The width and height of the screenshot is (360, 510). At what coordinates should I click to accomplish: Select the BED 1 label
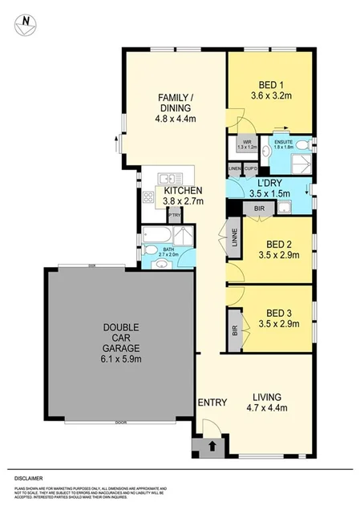[269, 84]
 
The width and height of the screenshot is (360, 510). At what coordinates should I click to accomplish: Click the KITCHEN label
[183, 190]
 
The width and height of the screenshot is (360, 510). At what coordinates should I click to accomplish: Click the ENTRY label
[212, 402]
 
